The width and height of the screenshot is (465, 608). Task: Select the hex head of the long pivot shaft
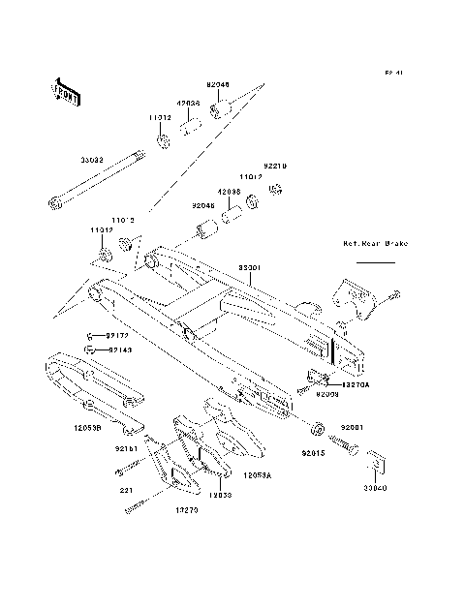(x=53, y=203)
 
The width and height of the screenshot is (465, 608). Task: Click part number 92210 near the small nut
(x=277, y=166)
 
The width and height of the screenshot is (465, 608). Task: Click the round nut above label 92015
(x=317, y=427)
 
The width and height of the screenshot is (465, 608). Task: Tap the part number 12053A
(x=257, y=475)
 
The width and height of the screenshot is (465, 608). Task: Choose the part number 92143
(x=120, y=349)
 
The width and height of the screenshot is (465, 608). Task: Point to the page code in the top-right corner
(x=393, y=73)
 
